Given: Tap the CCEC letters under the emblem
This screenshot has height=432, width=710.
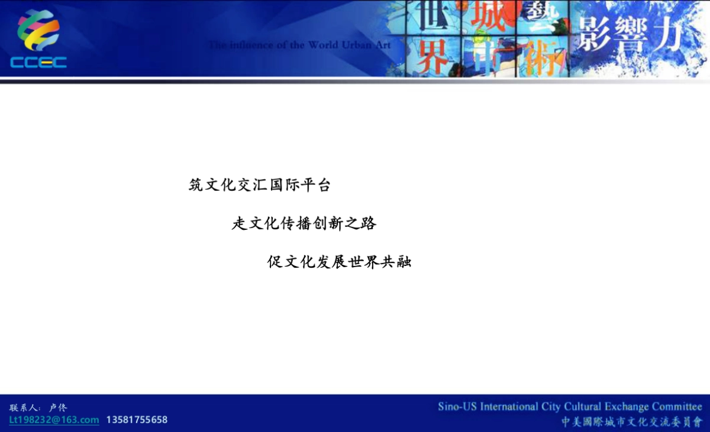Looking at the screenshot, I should pyautogui.click(x=38, y=62).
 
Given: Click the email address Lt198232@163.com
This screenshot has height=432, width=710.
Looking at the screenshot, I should pyautogui.click(x=54, y=420).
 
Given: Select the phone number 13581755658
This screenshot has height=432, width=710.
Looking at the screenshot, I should pyautogui.click(x=137, y=420).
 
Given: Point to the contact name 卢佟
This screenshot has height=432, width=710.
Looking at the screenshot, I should pyautogui.click(x=59, y=407).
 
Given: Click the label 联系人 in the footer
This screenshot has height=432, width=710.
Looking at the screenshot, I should pyautogui.click(x=24, y=407).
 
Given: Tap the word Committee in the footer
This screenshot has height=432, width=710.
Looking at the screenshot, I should pyautogui.click(x=677, y=407).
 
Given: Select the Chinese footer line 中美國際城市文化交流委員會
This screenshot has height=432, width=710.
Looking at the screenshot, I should pyautogui.click(x=631, y=421).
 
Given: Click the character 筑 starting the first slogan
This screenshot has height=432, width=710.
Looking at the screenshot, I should pyautogui.click(x=196, y=186).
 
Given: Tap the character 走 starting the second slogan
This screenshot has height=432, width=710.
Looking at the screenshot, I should pyautogui.click(x=239, y=224).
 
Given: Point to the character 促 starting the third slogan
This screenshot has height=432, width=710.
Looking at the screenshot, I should pyautogui.click(x=275, y=262).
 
